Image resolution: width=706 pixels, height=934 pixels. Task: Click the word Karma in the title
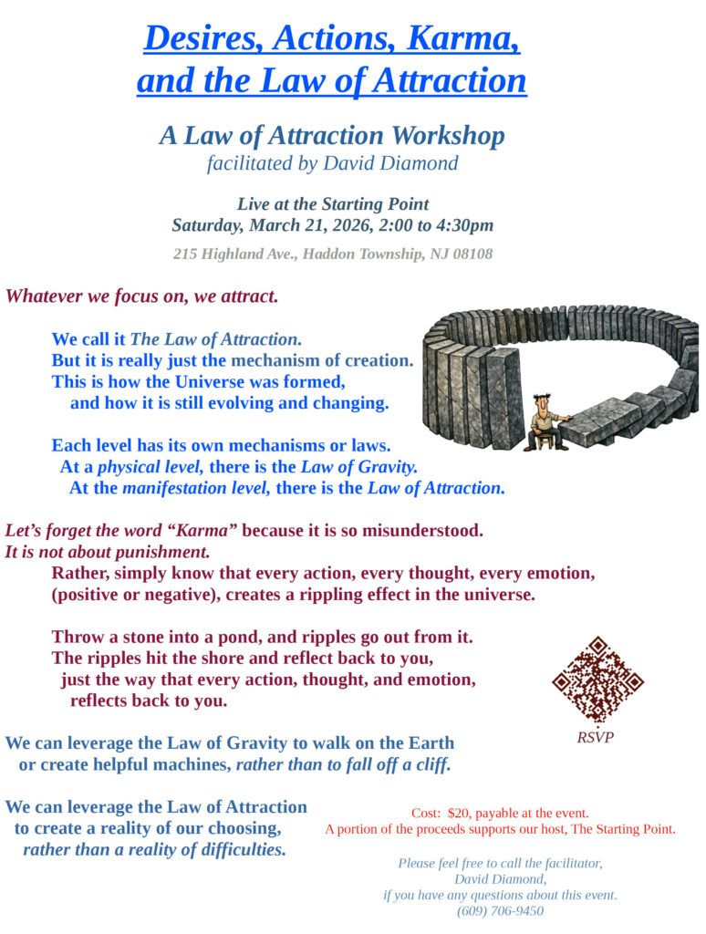463,38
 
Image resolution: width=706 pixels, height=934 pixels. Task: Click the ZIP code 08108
472,254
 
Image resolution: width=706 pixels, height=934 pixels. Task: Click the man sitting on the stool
548,422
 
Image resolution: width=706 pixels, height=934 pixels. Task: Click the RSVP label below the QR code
595,737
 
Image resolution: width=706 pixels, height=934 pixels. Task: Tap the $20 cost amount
458,813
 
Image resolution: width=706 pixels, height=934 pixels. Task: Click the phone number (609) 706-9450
500,910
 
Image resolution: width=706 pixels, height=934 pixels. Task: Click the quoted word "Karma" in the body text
195,530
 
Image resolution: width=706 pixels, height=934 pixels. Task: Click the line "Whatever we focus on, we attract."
141,296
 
